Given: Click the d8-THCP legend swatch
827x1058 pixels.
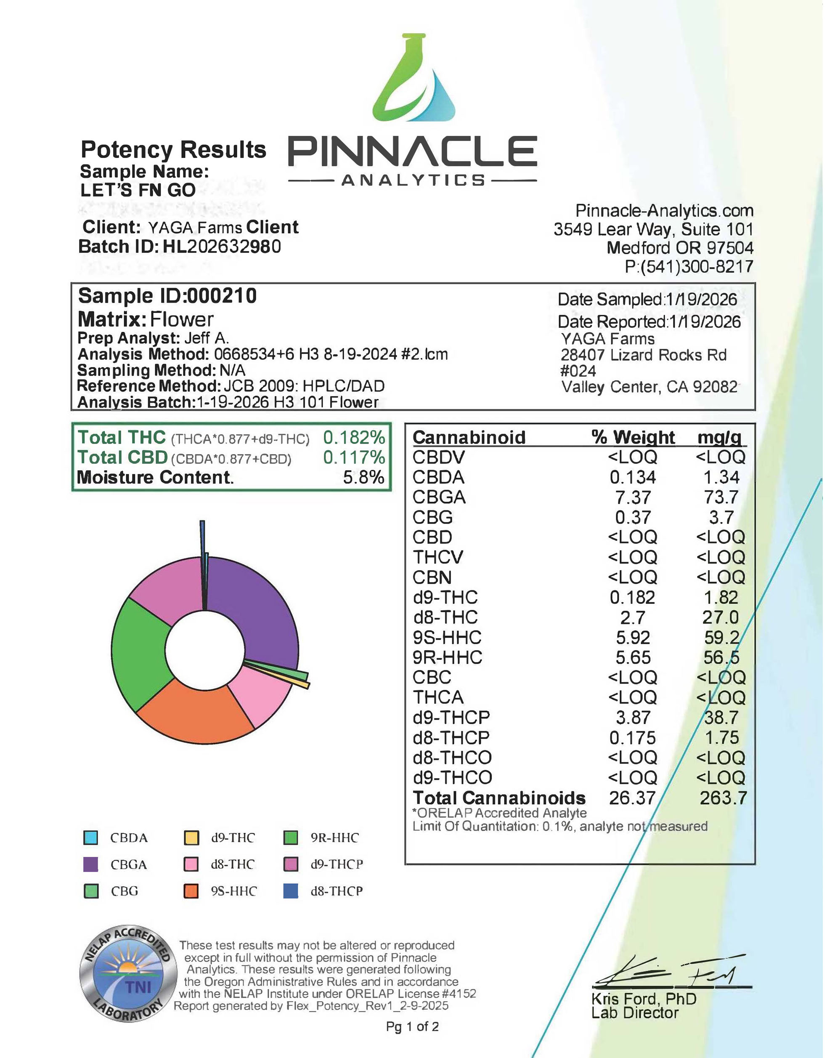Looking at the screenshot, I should click(x=291, y=891).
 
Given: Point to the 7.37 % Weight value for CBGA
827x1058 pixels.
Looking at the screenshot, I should click(x=633, y=497).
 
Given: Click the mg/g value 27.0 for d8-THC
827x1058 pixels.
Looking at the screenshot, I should click(x=721, y=618).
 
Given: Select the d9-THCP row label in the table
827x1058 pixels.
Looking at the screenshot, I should click(x=451, y=718).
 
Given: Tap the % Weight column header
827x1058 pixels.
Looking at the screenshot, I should click(x=633, y=437).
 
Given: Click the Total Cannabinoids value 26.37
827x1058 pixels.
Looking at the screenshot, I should click(x=632, y=798).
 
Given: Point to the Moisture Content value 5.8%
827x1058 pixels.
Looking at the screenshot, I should click(x=363, y=478).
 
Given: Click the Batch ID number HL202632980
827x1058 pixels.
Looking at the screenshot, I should click(x=222, y=247).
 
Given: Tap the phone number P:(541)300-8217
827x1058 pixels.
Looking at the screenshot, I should click(x=689, y=266).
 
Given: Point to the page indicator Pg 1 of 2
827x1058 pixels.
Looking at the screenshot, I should click(x=413, y=1026).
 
